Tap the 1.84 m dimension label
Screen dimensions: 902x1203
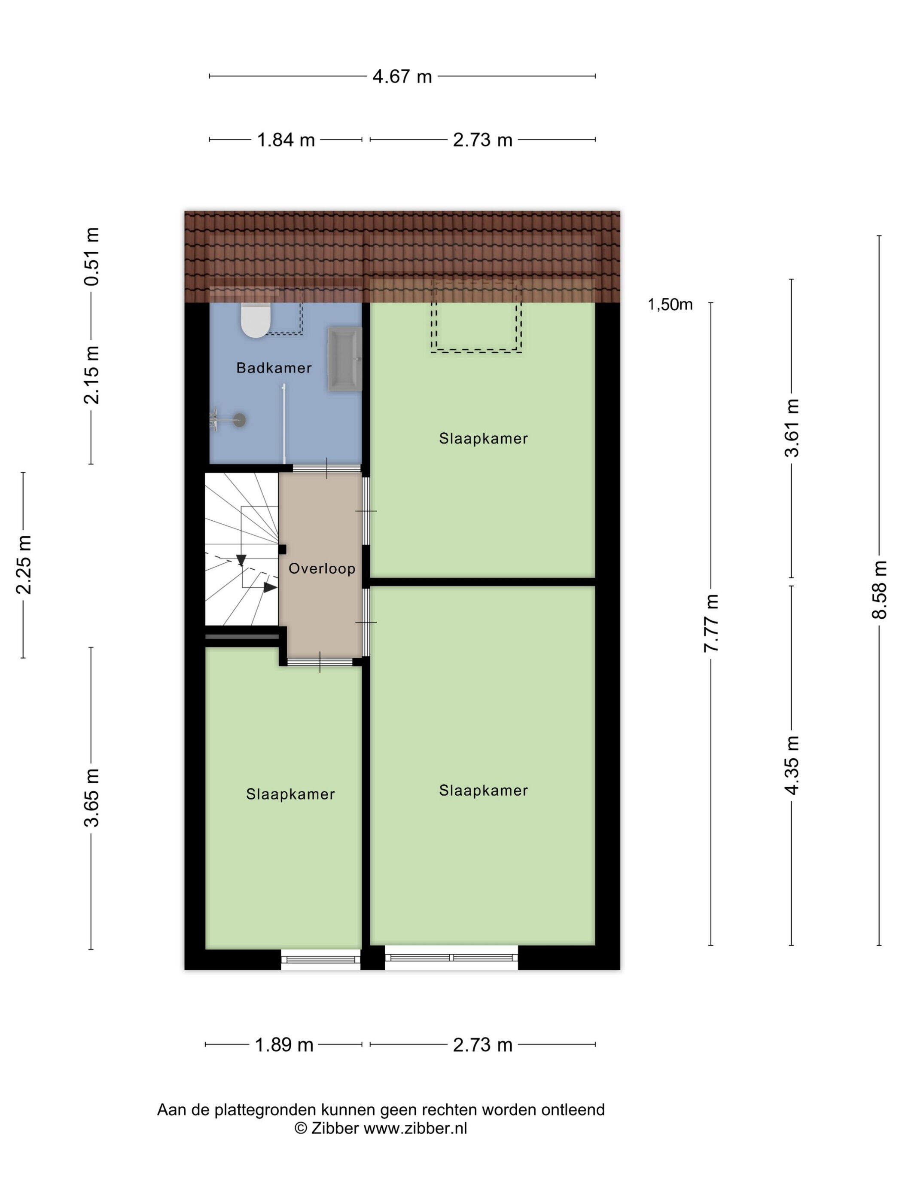click(286, 140)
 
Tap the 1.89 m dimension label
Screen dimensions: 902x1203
click(284, 1045)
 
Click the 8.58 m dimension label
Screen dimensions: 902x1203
click(879, 590)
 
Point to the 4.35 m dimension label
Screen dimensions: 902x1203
click(792, 765)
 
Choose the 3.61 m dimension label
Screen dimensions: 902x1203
click(792, 428)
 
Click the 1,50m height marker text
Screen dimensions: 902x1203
click(670, 305)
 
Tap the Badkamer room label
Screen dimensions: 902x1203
click(274, 368)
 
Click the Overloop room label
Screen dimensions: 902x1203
click(322, 569)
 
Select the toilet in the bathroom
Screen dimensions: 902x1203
click(256, 321)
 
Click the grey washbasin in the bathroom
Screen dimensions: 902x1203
click(345, 359)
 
